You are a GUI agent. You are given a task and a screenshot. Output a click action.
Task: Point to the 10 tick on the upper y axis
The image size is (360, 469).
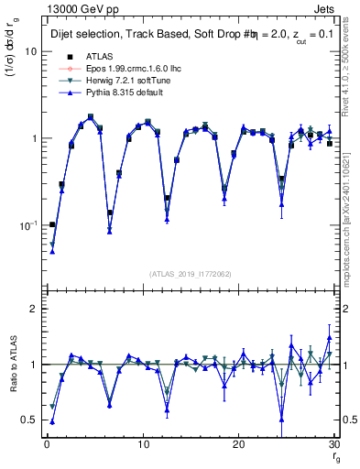[30, 51]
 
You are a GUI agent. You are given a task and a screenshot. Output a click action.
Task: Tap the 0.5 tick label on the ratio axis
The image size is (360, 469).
[29, 420]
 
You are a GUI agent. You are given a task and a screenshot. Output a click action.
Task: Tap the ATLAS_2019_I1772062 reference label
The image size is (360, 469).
[190, 273]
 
